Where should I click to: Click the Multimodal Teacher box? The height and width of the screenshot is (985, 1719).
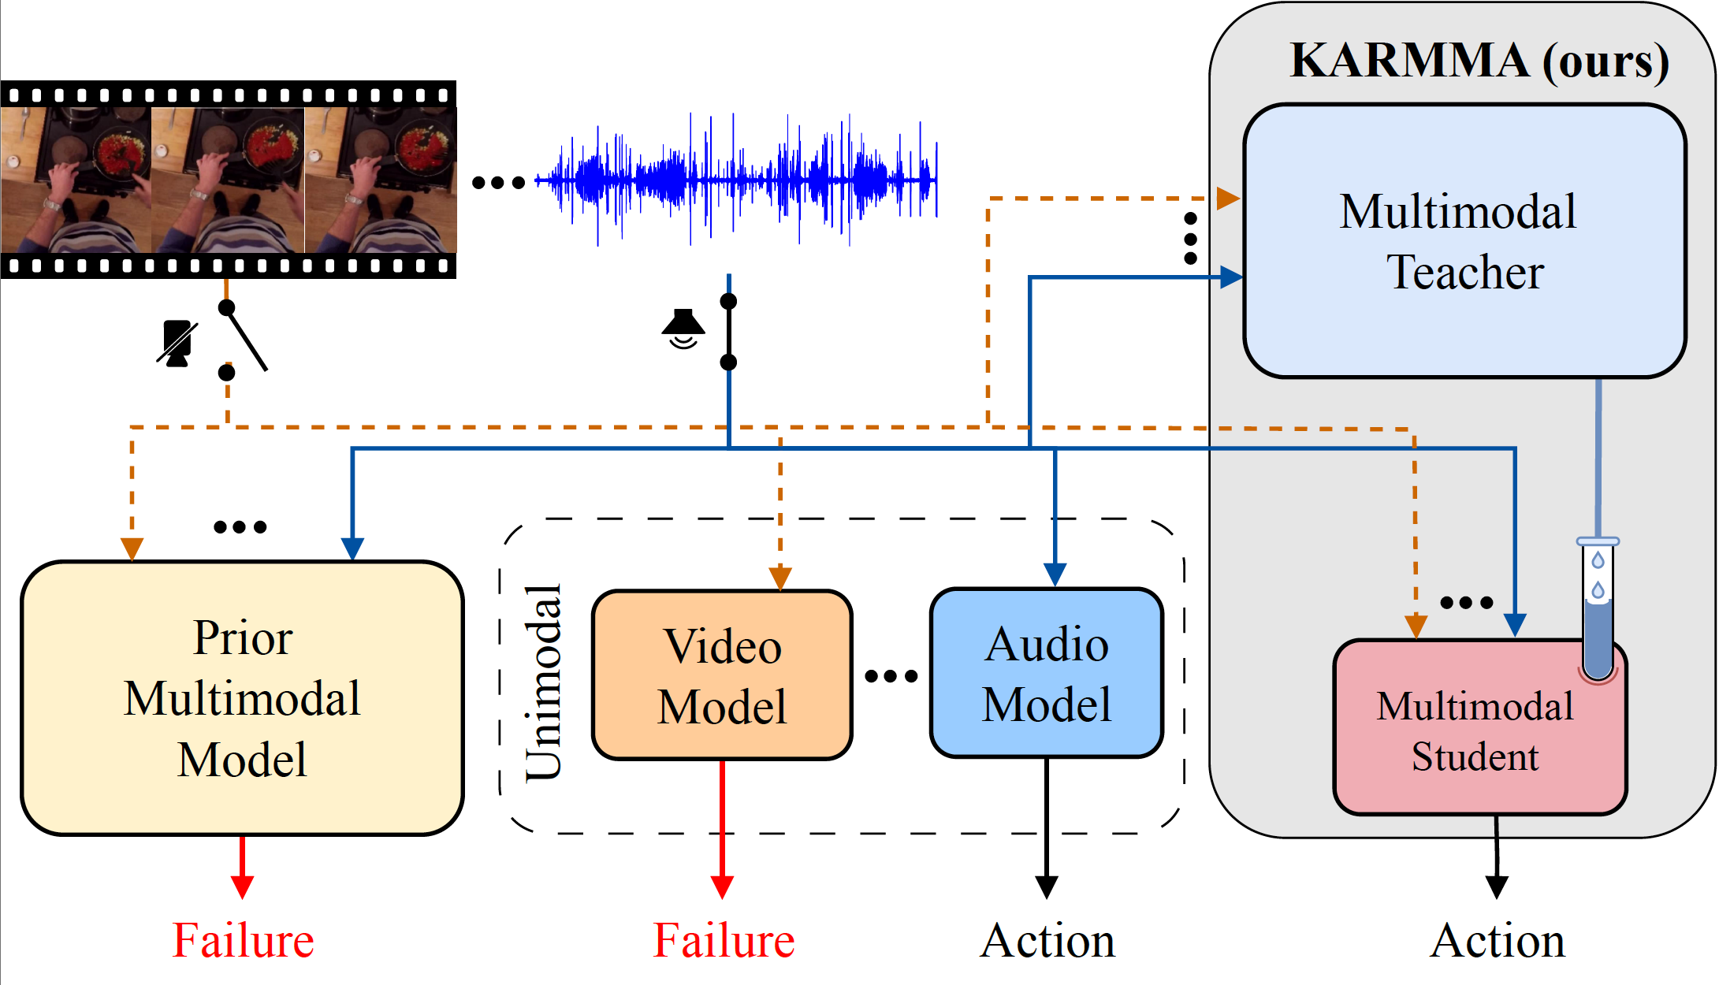pos(1464,241)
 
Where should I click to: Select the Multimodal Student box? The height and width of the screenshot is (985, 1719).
pos(1474,730)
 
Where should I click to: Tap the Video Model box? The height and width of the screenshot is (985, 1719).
pos(722,675)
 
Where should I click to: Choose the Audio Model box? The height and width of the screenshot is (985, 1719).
pos(1047,674)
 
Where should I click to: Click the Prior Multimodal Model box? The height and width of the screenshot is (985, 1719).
pos(242,698)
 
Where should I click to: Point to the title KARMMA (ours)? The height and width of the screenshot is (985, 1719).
pos(1479,61)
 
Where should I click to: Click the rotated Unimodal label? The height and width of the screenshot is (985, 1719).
pos(544,682)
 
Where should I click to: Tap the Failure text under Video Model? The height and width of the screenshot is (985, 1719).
pos(724,941)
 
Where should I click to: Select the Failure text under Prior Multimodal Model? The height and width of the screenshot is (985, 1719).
pos(243,941)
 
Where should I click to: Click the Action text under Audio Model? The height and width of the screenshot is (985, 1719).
pos(1047,941)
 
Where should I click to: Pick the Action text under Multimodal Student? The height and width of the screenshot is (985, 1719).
pos(1497,941)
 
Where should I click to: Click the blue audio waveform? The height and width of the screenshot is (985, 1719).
pos(737,180)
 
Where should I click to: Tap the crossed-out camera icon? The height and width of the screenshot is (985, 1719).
pos(177,343)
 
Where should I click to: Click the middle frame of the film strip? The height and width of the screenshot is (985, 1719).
pos(228,180)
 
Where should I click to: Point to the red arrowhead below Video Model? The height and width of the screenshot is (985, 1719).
pos(722,886)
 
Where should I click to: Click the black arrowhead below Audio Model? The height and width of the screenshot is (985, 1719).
pos(1047,886)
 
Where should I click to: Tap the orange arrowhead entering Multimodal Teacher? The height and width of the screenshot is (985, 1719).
pos(1228,198)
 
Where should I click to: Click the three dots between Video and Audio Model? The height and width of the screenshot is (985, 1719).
pos(891,676)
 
